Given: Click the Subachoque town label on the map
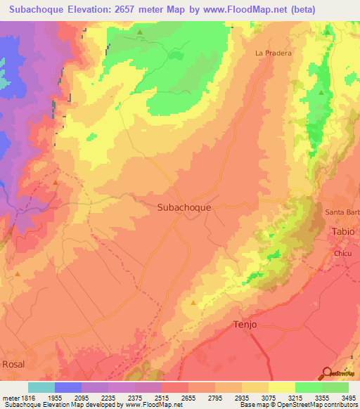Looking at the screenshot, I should click(x=184, y=208).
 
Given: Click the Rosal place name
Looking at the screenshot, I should click(x=13, y=364).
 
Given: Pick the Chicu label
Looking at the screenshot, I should click(x=342, y=252).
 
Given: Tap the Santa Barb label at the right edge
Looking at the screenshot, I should click(x=342, y=213).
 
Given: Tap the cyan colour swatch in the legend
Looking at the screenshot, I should click(x=41, y=387).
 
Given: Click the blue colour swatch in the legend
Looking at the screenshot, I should click(x=68, y=387).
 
